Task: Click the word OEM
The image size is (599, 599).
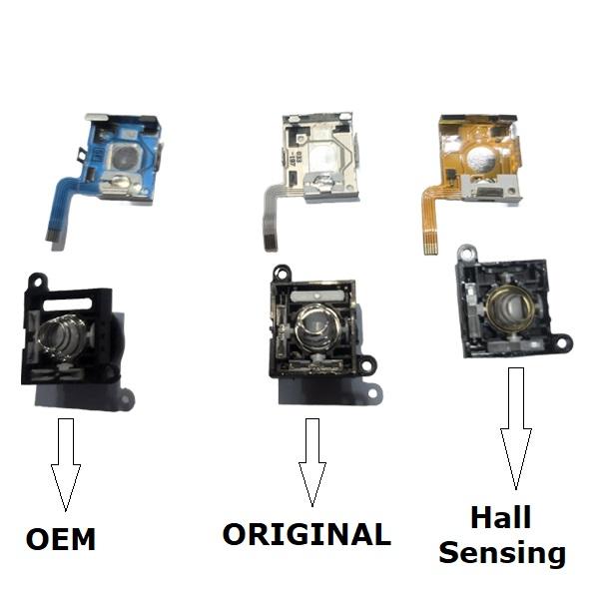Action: click(x=61, y=540)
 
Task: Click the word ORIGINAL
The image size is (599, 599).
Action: click(x=306, y=534)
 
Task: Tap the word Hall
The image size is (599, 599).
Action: click(x=501, y=518)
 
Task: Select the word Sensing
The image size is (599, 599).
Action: click(x=502, y=551)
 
